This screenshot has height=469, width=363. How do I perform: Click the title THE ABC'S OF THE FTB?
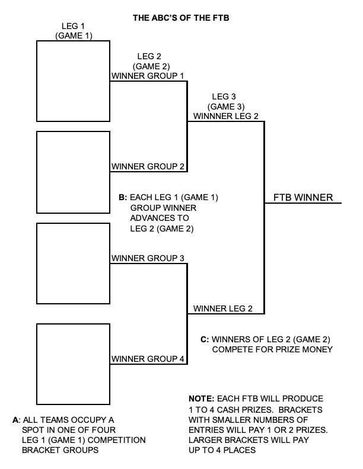181,18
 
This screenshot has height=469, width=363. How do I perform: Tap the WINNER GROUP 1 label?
148,76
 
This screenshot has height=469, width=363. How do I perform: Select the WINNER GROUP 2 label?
148,166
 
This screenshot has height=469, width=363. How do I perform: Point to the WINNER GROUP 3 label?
148,258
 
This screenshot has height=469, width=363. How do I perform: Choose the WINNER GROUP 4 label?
148,359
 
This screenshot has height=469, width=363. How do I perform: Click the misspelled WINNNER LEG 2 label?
226,116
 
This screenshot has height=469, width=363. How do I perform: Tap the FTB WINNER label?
303,197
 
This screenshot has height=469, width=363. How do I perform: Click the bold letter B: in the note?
123,197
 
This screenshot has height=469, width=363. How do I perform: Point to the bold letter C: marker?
205,339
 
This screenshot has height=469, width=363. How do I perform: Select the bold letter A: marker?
16,419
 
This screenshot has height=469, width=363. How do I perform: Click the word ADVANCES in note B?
152,218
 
